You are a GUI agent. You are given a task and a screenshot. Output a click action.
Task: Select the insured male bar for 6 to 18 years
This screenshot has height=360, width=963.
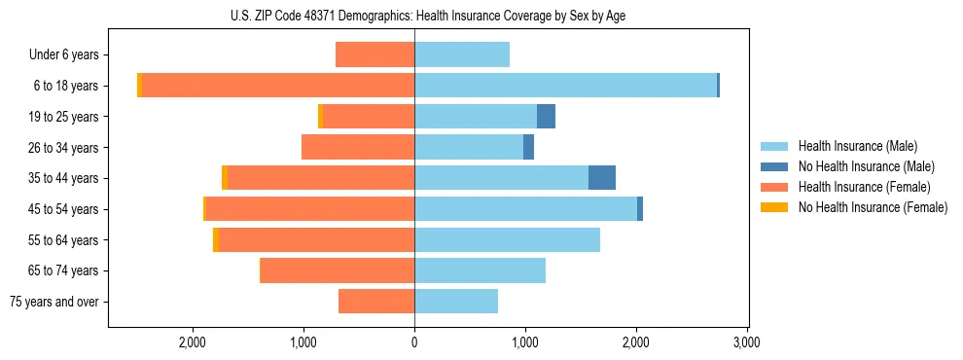(565, 86)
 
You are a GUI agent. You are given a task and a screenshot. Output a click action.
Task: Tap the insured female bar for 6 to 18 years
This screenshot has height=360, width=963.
(278, 86)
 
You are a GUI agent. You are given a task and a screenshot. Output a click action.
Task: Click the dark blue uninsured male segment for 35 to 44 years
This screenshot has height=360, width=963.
(602, 178)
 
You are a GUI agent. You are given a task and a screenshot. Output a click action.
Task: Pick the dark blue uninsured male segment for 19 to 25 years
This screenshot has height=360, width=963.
(546, 117)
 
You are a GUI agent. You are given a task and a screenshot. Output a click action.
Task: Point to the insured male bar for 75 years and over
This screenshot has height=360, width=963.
(456, 302)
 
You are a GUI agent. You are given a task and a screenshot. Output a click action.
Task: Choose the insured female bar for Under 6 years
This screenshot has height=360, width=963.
(374, 54)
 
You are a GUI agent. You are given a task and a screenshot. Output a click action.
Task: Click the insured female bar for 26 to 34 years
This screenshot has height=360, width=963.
(358, 147)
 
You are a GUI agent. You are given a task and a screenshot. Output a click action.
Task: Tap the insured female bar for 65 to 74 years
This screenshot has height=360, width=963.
(338, 270)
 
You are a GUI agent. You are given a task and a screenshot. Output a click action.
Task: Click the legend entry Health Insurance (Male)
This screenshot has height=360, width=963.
(857, 146)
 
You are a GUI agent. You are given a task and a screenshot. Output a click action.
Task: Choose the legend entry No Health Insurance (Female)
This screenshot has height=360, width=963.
(873, 207)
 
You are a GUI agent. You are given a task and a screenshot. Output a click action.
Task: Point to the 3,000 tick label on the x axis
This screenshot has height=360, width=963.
(746, 342)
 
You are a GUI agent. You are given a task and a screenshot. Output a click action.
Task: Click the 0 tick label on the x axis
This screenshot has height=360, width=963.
(414, 342)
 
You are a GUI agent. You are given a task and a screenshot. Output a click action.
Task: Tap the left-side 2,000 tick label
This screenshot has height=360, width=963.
(193, 342)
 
